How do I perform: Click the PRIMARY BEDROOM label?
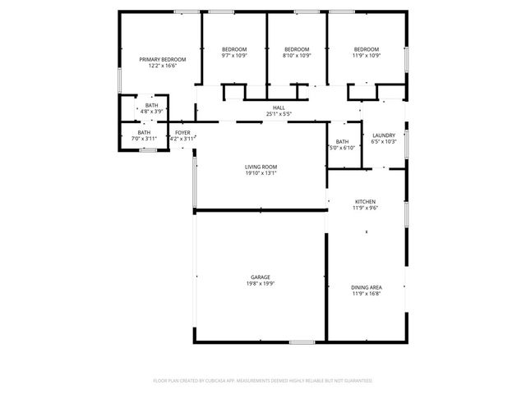[x=162, y=60]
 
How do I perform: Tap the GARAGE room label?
[x=261, y=277]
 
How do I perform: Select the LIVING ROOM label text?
[x=261, y=167]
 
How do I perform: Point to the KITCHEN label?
[x=365, y=201]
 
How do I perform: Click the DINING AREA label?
[x=366, y=286]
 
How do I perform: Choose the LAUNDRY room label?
[x=384, y=135]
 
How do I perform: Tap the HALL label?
[x=279, y=108]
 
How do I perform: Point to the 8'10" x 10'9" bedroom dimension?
[x=297, y=56]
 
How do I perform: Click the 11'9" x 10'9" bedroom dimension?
[x=367, y=56]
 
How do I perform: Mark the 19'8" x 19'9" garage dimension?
[x=261, y=284]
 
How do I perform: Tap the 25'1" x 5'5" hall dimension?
[x=279, y=114]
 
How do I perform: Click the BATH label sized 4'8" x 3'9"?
[x=152, y=105]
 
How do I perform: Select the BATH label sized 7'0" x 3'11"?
[x=144, y=133]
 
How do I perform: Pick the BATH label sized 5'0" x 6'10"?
[x=342, y=141]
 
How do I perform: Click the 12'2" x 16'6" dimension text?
[x=162, y=66]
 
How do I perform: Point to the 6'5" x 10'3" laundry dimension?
[x=384, y=142]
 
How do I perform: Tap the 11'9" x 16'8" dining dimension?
[x=366, y=293]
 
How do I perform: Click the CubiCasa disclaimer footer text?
[x=263, y=381]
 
